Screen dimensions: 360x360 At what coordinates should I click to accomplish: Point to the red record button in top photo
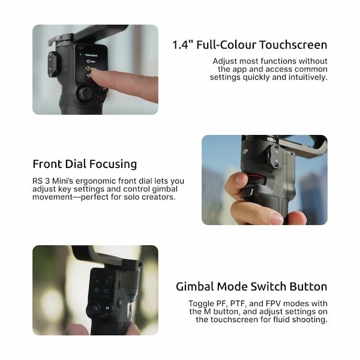pos(102,96)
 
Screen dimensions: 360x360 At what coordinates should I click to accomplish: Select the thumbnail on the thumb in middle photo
pos(239,179)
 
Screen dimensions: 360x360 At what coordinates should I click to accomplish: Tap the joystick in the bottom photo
pos(93,309)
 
